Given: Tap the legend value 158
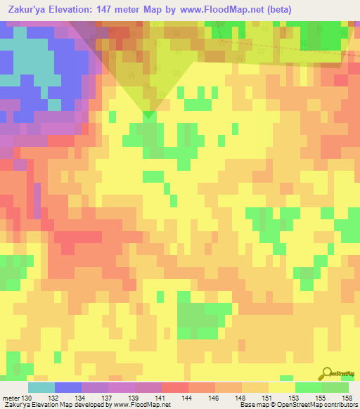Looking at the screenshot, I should [345, 397].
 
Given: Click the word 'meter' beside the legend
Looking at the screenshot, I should [10, 397].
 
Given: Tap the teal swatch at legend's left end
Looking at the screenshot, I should [41, 387].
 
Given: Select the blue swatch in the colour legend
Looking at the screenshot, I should [68, 387].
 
